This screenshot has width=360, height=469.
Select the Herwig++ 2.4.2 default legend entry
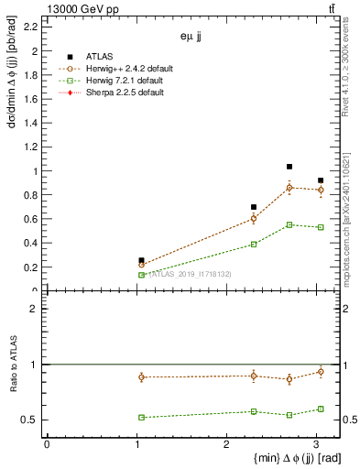pyautogui.click(x=118, y=68)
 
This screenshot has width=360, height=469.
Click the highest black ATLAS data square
pyautogui.click(x=289, y=167)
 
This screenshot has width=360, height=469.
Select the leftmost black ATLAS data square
pyautogui.click(x=141, y=260)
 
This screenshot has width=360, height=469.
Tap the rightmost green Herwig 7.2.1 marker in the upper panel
pyautogui.click(x=321, y=227)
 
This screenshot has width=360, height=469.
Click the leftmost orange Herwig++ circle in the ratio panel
pyautogui.click(x=141, y=376)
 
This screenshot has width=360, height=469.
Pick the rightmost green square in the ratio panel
pyautogui.click(x=321, y=409)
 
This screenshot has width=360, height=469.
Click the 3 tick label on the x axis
pyautogui.click(x=316, y=443)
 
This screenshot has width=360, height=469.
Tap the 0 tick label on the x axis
pyautogui.click(x=47, y=443)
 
